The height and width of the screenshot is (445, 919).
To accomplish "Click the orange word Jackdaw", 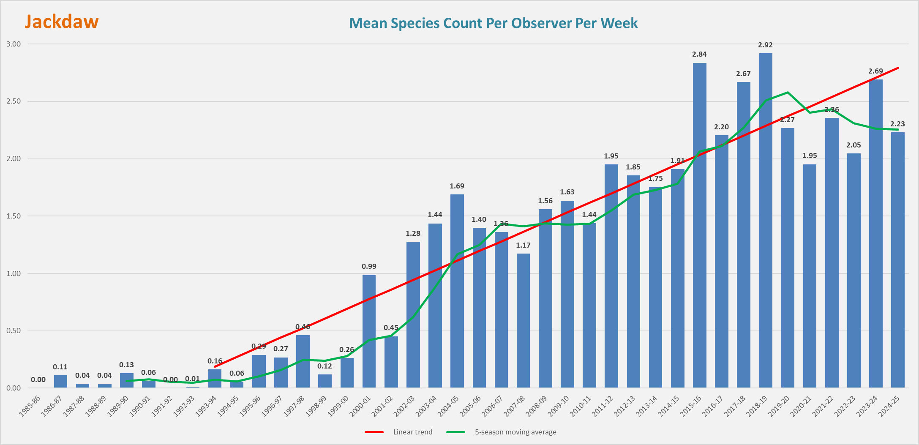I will [62, 22].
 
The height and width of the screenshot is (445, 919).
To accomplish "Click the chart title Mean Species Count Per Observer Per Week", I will [493, 23].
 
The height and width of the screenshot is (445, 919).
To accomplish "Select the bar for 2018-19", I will [765, 220].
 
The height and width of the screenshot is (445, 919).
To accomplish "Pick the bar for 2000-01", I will [369, 331].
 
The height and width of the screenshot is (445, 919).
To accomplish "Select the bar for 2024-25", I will [897, 260].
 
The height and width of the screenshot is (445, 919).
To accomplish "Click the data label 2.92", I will [765, 45].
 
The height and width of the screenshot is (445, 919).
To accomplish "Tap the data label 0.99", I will [369, 266].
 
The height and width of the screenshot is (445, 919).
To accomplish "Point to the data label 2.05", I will [854, 145].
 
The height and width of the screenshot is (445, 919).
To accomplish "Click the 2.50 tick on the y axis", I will [13, 101].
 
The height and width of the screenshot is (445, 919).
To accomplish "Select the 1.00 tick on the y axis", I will [13, 273].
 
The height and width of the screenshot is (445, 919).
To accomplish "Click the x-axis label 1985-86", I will [30, 406].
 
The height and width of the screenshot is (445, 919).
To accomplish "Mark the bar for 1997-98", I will [303, 361].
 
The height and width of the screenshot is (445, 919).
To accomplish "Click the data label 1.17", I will [523, 245].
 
